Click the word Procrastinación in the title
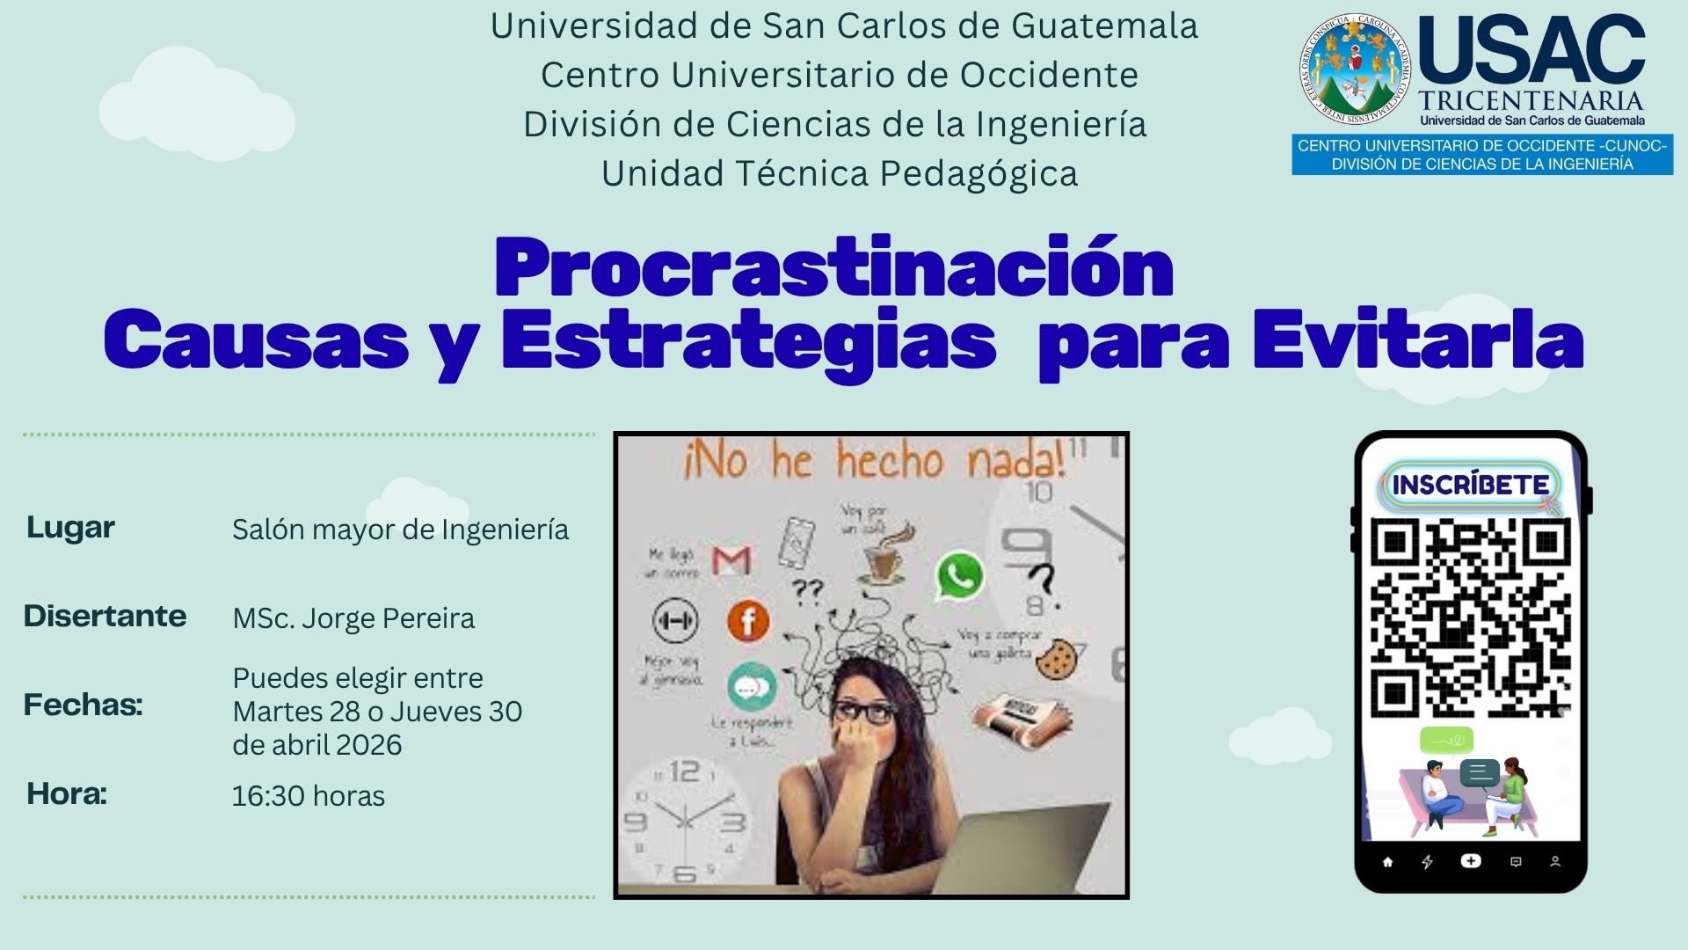click(x=833, y=267)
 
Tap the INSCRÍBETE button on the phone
click(x=1470, y=485)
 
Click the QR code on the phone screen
click(x=1470, y=617)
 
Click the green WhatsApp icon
click(x=959, y=576)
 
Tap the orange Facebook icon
click(x=748, y=621)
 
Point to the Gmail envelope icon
click(x=731, y=560)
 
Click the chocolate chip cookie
click(x=1056, y=660)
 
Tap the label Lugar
click(x=70, y=527)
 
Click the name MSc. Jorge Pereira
click(x=353, y=618)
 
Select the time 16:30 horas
click(x=309, y=796)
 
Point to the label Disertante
click(x=105, y=616)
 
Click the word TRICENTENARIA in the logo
click(x=1531, y=100)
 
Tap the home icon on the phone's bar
click(x=1387, y=862)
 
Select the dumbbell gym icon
click(x=675, y=620)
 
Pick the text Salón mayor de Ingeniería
click(x=400, y=530)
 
